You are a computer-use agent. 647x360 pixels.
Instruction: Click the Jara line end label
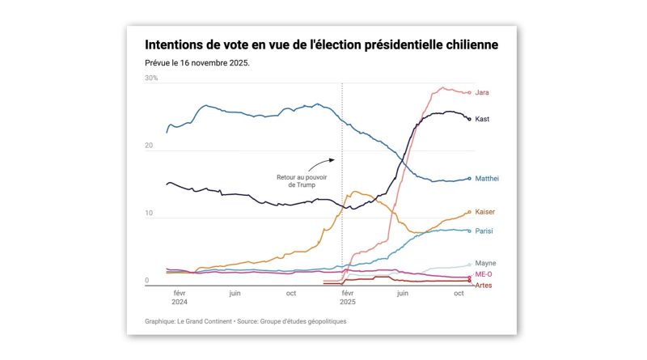[482, 92]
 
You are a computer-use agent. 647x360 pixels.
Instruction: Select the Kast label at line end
[482, 119]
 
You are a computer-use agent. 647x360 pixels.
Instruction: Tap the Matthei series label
[486, 179]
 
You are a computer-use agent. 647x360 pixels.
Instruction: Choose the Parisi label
[484, 231]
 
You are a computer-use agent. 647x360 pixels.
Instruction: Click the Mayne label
[485, 263]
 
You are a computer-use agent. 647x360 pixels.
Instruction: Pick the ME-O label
[484, 275]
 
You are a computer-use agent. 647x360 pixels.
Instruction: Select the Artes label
[484, 286]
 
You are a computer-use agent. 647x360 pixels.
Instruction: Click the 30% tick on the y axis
[151, 78]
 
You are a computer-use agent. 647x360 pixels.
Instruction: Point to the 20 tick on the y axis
[149, 146]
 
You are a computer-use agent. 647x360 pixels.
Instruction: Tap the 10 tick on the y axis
[149, 214]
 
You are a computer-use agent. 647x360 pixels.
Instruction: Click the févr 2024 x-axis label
[179, 298]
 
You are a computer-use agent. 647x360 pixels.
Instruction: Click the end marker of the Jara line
[469, 92]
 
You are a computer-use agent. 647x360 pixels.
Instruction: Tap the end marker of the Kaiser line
[469, 212]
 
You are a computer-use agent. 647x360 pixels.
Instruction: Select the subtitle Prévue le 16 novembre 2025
[197, 62]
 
